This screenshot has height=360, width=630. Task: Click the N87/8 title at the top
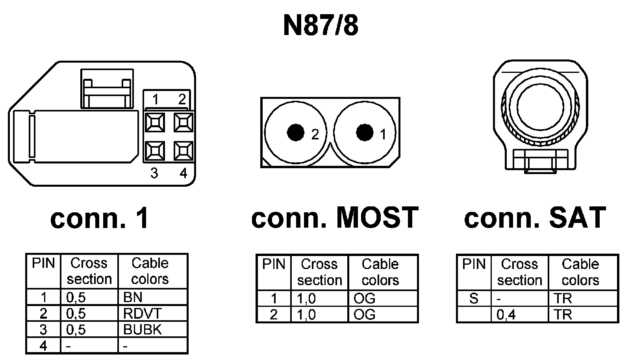coord(321,26)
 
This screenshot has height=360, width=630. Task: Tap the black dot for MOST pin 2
coord(296,132)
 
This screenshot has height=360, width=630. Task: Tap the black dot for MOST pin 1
coord(365,132)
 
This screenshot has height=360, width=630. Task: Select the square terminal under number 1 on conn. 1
coord(155,122)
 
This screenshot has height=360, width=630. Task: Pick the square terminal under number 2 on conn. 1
coord(183,122)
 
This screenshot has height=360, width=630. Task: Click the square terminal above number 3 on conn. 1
coord(155,151)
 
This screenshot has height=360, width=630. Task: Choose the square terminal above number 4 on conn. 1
coord(183,151)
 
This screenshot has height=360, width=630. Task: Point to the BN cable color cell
coord(152,297)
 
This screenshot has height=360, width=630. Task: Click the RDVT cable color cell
coord(152,314)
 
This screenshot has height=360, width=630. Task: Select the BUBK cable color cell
coord(152,330)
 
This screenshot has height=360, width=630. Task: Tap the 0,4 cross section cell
coord(519,315)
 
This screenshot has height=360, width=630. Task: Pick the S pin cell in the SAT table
coord(474,299)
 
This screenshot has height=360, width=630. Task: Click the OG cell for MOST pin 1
coord(382,299)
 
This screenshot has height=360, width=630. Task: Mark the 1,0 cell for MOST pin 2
coord(319,315)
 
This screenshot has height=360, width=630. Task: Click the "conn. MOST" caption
coord(334,218)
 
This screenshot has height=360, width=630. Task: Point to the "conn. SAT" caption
coord(535,218)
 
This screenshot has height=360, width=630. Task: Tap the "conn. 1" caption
coord(100,219)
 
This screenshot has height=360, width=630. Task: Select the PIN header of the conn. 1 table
coord(43,263)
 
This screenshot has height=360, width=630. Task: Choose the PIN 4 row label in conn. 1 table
coord(43,346)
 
